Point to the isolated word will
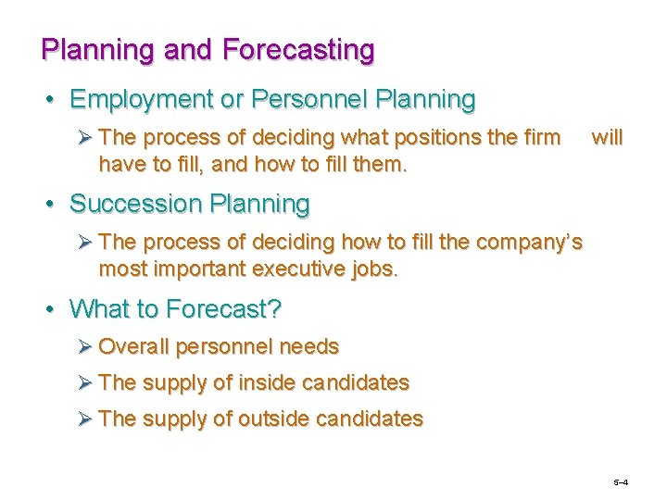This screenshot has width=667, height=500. pos(607,138)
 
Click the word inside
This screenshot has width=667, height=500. pos(270,382)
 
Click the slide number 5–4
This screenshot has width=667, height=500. pos(621,483)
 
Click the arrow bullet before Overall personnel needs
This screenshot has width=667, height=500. pos(84,347)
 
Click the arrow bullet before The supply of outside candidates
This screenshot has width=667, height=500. pos(84,419)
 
